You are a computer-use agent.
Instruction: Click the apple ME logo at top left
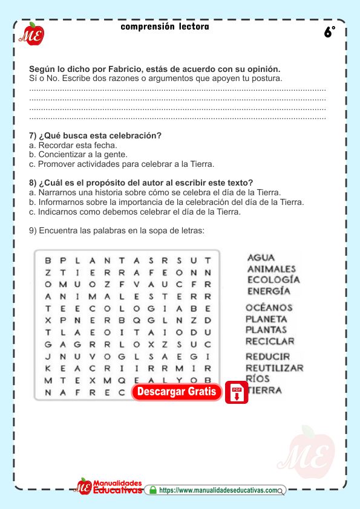click(30, 34)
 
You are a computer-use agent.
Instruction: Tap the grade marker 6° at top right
click(329, 33)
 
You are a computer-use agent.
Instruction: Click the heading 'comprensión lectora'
click(165, 27)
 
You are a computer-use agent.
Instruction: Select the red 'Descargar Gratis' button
click(177, 392)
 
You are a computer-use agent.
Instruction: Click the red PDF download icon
click(237, 392)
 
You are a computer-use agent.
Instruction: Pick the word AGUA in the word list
click(261, 258)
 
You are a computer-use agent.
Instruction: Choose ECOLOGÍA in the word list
click(273, 280)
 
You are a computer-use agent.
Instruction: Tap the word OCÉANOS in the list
click(269, 308)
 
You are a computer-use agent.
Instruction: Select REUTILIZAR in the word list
click(274, 368)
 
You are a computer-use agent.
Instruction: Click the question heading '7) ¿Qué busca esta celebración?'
click(95, 135)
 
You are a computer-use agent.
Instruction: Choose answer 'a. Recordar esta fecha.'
click(73, 145)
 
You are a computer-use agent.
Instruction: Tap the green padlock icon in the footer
click(152, 490)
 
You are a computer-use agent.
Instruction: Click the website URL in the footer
click(219, 491)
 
